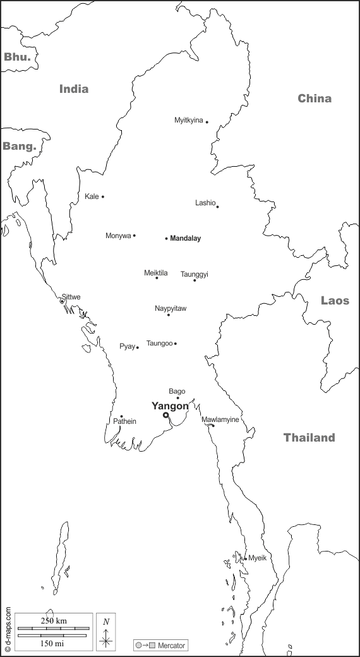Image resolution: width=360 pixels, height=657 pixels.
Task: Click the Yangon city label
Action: pos(170,406)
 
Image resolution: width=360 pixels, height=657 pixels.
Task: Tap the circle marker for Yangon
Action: pos(165,415)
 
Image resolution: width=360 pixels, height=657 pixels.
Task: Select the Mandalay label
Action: pos(185,239)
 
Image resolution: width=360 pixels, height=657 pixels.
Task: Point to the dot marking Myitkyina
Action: pos(207,122)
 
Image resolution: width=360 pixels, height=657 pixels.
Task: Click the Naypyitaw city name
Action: pos(171,308)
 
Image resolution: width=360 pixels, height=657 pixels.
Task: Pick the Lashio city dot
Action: pos(217,207)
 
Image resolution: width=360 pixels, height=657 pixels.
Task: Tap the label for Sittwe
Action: pos(71,297)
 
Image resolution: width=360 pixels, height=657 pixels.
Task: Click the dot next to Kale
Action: pos(103,196)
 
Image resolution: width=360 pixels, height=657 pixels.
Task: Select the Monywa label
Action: pos(118,236)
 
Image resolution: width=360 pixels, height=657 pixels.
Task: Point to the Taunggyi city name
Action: pos(195,274)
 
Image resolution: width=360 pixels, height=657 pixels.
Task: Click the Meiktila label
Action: pos(156,273)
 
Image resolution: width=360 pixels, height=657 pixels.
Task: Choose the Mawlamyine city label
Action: pos(220,419)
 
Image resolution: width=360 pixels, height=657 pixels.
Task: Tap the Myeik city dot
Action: pos(245,558)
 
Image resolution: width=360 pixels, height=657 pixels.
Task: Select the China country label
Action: pos(315,99)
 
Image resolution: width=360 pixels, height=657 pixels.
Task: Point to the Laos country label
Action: pos(335,301)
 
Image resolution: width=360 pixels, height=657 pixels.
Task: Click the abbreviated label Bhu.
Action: pos(17,57)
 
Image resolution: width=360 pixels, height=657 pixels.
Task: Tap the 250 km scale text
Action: pos(53,621)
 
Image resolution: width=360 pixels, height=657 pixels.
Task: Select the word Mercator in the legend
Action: pos(172,646)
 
